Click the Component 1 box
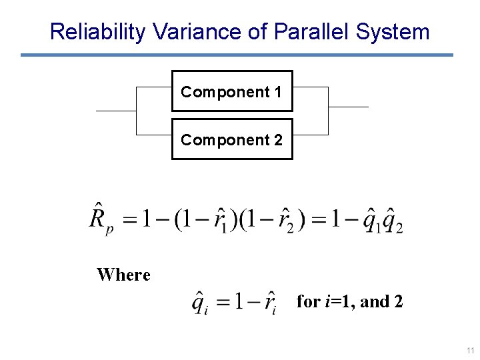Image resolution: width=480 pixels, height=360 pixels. (232, 91)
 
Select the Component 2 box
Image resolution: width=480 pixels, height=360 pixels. (232, 139)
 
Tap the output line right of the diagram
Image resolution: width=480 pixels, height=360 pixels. (348, 107)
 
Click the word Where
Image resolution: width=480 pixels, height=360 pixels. (123, 275)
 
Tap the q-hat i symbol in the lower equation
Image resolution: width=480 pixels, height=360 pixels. (199, 303)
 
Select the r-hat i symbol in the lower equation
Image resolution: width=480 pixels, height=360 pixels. (269, 303)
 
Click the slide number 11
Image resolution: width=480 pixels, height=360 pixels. (470, 350)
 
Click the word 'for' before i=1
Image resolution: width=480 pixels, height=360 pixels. (308, 302)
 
